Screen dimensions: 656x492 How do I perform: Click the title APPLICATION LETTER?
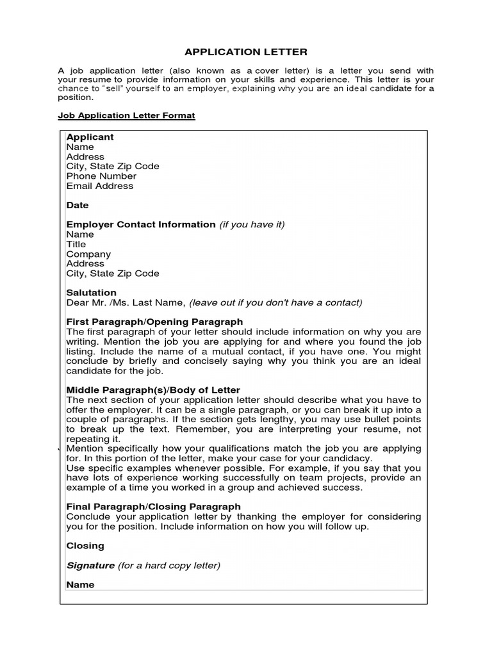(x=246, y=52)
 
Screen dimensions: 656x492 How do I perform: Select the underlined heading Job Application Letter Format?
(x=126, y=115)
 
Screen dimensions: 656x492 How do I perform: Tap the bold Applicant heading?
(x=90, y=137)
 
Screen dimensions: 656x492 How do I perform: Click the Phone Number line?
(x=101, y=176)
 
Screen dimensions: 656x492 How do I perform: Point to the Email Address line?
(x=100, y=186)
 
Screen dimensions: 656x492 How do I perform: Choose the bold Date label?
(x=78, y=206)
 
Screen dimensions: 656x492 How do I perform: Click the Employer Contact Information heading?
(x=141, y=225)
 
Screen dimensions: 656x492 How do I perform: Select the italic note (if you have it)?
(x=252, y=225)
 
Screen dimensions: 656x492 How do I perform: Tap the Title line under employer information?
(x=76, y=244)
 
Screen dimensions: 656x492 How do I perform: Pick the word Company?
(x=88, y=254)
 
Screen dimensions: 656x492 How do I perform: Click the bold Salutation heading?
(x=92, y=293)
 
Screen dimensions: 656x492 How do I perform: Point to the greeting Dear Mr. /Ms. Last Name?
(x=126, y=303)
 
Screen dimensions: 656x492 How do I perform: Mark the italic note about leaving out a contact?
(x=275, y=303)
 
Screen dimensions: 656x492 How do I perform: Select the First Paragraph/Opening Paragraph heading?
(x=154, y=322)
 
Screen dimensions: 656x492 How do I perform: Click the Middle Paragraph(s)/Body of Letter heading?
(x=153, y=390)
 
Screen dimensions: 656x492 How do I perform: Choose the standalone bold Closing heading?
(x=85, y=546)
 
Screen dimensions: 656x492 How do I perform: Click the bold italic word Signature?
(x=90, y=566)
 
